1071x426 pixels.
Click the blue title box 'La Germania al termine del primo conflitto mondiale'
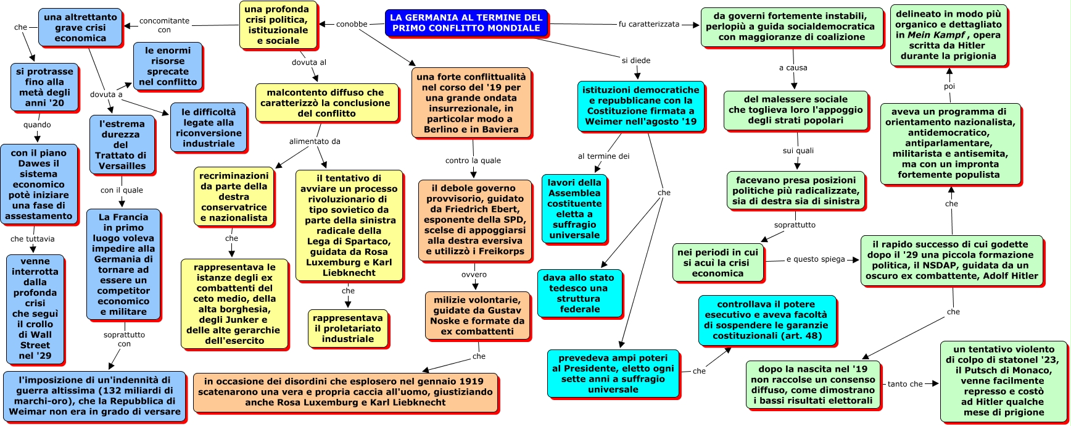click(x=466, y=23)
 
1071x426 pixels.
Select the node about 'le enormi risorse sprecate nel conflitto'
click(x=168, y=66)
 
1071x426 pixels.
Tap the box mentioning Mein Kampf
click(x=948, y=35)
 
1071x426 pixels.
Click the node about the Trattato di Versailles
click(x=122, y=144)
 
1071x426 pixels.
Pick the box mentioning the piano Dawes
click(x=39, y=184)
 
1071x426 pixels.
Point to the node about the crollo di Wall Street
click(x=35, y=308)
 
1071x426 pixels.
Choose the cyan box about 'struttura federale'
click(x=579, y=293)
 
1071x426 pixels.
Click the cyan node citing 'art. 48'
click(x=767, y=320)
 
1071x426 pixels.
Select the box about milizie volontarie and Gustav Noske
click(x=477, y=315)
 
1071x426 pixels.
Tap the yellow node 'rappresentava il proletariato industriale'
click(x=348, y=328)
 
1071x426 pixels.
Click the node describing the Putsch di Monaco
click(x=1003, y=381)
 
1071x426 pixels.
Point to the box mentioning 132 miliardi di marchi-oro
click(x=94, y=396)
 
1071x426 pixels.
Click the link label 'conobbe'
click(x=352, y=24)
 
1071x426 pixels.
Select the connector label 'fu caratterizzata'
click(x=648, y=24)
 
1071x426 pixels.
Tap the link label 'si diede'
click(x=636, y=61)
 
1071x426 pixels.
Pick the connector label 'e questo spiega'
click(x=815, y=259)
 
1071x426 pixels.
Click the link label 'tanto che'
click(x=905, y=384)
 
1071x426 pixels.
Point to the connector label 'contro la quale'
click(x=473, y=161)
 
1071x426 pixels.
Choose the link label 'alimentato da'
click(x=315, y=141)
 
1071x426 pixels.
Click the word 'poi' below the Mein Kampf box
click(x=949, y=86)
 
